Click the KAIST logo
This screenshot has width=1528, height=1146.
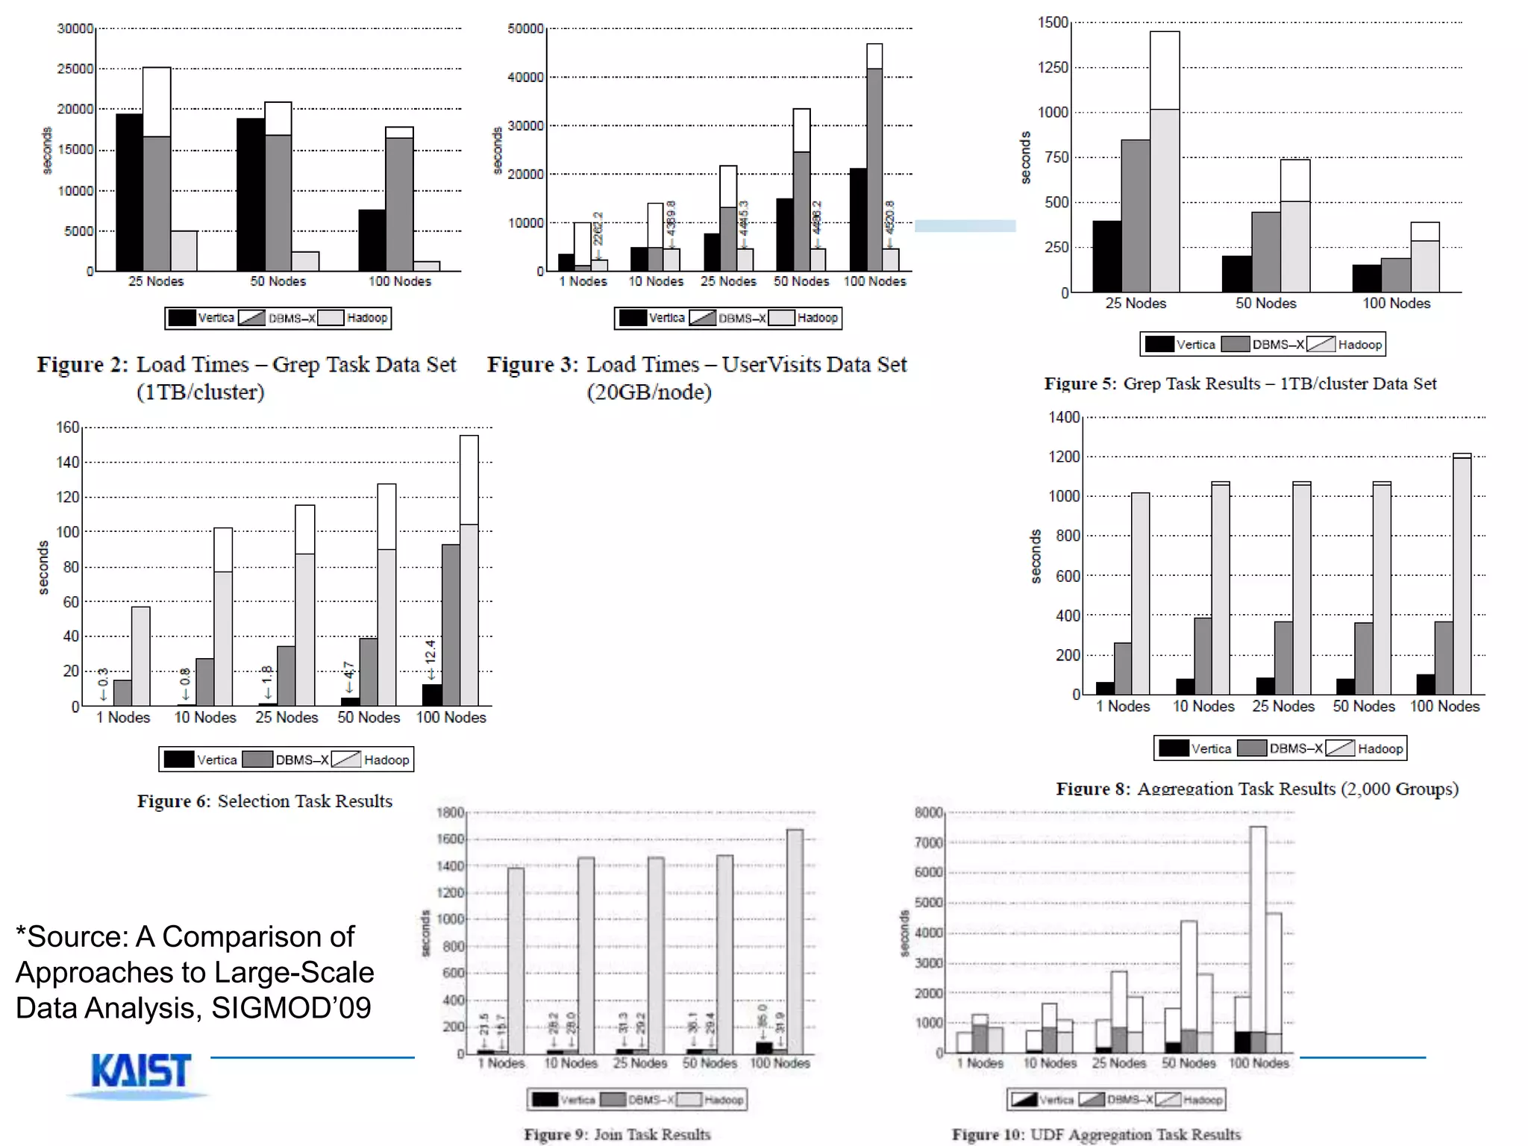[140, 1071]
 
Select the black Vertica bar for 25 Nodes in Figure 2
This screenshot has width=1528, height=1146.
[129, 192]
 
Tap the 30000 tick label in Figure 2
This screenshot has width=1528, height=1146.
[75, 28]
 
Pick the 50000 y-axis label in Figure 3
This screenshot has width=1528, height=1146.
[525, 28]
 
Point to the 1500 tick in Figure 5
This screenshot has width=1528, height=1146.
[1053, 22]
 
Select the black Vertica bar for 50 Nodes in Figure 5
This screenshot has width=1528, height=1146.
[1236, 274]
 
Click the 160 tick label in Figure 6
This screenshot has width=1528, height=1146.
[68, 427]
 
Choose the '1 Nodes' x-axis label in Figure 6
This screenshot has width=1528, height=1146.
[123, 717]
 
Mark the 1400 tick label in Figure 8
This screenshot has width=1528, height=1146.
[1064, 417]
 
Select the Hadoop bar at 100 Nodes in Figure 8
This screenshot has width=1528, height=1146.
[1462, 574]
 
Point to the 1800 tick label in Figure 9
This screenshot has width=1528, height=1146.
[451, 812]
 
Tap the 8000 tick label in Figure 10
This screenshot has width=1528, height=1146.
[929, 812]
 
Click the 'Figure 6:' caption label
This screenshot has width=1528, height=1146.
[173, 801]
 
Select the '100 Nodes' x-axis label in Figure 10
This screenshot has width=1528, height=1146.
[1259, 1063]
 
